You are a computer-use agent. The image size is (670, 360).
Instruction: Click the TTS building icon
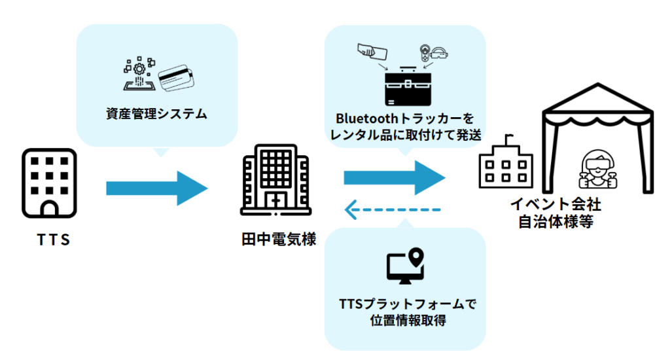50,183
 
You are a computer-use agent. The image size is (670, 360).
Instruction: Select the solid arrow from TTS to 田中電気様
156,189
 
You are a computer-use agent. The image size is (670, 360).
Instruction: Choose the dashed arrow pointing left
392,209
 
